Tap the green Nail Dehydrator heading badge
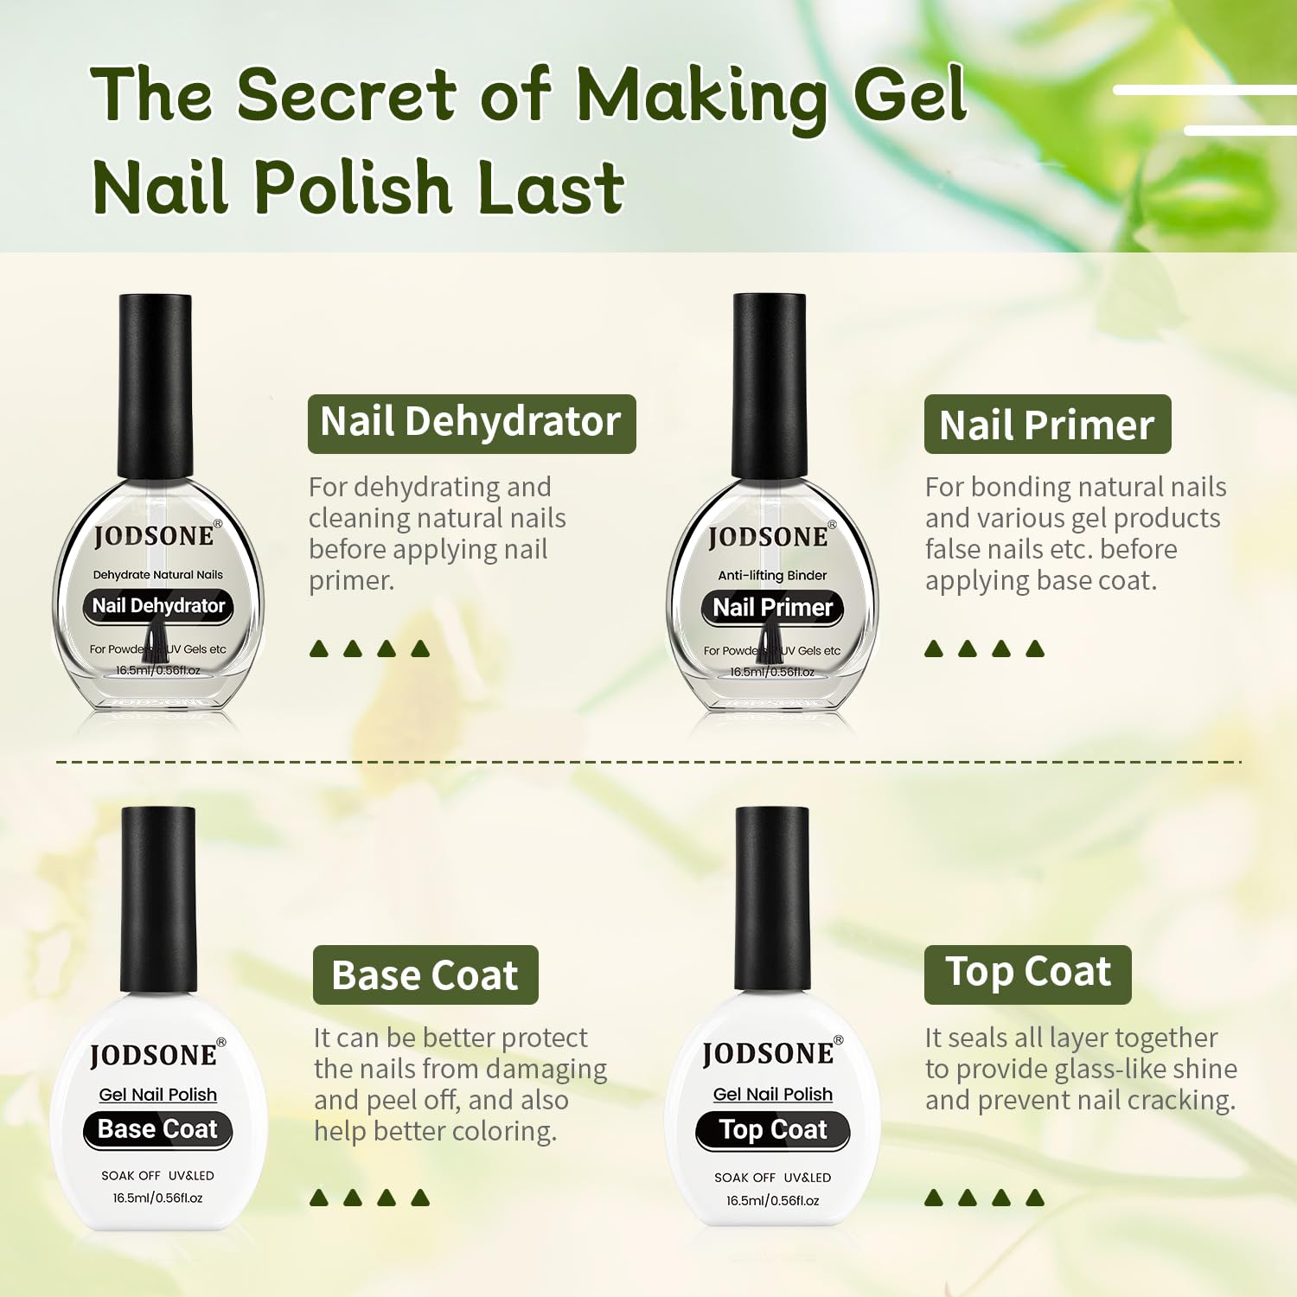(471, 424)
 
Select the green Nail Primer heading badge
(1047, 425)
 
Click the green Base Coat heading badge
(425, 975)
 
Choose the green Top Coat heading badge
(1027, 974)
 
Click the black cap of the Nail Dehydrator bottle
(156, 385)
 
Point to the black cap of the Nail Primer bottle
(770, 385)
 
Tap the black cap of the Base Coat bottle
(157, 899)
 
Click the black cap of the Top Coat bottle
(771, 899)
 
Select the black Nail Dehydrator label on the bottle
(158, 606)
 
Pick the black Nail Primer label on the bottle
(772, 608)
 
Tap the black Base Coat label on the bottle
(157, 1129)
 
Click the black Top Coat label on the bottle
(773, 1130)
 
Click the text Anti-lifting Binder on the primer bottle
(772, 575)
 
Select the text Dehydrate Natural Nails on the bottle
(157, 574)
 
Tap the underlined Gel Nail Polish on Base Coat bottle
(157, 1095)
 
